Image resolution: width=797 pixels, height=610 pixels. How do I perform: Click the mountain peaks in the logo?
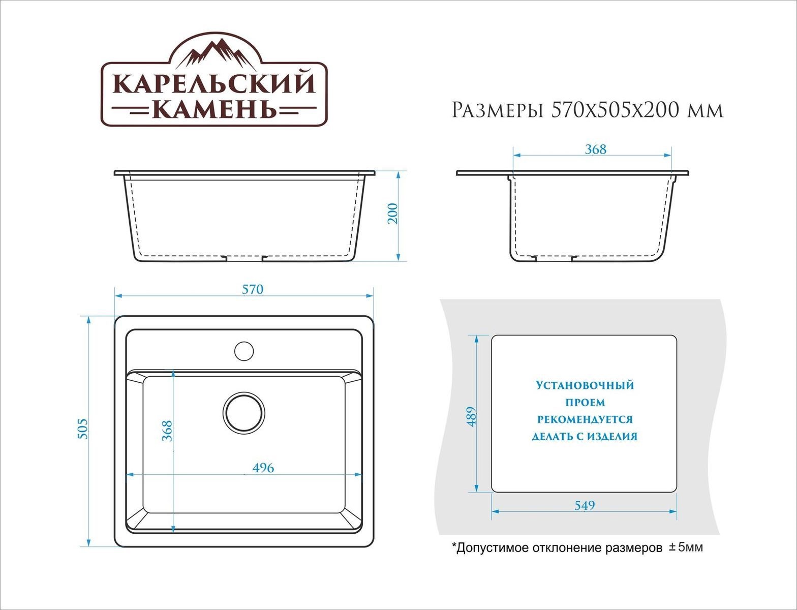[214, 53]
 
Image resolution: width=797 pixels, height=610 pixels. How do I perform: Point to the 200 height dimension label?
[392, 213]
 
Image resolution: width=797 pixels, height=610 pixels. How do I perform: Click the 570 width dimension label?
[252, 289]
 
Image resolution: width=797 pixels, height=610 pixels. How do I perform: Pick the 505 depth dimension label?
[83, 429]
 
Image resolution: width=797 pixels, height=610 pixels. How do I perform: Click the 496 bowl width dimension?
[262, 468]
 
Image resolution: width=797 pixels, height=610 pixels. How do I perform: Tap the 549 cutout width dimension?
[584, 505]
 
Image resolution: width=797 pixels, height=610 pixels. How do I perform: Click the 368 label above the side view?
[595, 149]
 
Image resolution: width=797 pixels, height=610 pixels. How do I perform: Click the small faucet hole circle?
[244, 350]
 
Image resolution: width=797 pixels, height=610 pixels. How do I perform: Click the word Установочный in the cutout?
[585, 385]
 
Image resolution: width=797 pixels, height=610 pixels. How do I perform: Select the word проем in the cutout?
[585, 403]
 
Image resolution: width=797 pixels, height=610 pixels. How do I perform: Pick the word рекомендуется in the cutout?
[585, 419]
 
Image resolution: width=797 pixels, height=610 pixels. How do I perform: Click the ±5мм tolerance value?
[686, 547]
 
